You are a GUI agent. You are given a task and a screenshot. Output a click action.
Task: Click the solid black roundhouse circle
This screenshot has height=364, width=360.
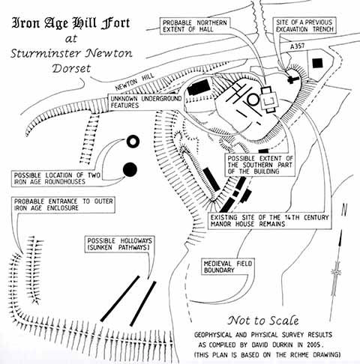coord(130,169)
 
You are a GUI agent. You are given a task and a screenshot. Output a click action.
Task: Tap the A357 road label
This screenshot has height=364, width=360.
coord(298,46)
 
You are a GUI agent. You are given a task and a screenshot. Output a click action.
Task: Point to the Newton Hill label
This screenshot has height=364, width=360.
coord(135,82)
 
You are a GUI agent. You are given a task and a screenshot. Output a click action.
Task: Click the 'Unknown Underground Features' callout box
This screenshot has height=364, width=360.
coord(146,102)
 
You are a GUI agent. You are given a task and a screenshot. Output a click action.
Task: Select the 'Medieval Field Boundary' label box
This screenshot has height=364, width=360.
coord(228,267)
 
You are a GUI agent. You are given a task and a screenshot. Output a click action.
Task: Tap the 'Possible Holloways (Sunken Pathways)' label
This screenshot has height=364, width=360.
coord(119,244)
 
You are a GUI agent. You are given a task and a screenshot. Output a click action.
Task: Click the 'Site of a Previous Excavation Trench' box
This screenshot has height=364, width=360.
coord(304,25)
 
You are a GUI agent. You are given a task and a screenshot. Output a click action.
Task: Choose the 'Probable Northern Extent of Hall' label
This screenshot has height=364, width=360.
coord(195,26)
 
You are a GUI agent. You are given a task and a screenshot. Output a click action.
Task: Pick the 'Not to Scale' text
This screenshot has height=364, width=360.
coord(263,321)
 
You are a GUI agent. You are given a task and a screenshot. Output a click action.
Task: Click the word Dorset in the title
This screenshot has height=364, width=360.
coord(71,68)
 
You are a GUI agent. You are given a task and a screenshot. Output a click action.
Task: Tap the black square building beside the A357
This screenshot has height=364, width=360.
coord(317,63)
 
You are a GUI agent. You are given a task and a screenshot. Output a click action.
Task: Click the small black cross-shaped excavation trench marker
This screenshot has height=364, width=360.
coord(292,79)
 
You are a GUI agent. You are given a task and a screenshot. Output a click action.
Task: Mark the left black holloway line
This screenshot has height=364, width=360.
coord(120,299)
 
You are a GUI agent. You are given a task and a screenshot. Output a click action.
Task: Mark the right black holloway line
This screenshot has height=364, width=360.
coord(143,304)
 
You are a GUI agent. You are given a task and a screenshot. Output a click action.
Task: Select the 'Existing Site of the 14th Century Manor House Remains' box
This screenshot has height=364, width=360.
coord(270,221)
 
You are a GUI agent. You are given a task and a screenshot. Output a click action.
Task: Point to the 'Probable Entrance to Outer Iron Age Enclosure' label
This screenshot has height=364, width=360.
coord(63,204)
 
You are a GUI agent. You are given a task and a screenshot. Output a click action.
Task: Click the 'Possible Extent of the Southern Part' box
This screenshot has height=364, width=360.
coord(260,165)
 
